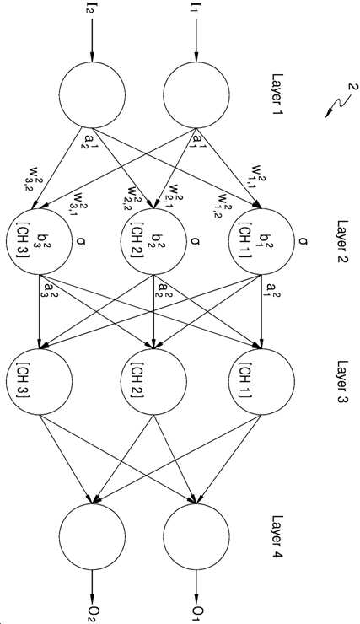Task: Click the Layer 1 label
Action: pos(277,94)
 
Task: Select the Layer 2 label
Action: pos(342,242)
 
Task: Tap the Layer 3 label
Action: pos(342,382)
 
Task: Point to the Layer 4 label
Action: pos(277,536)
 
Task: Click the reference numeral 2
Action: pos(353,87)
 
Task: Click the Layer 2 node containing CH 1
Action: pos(261,241)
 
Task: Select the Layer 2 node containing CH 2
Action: pos(153,241)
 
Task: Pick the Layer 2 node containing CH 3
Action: pos(39,241)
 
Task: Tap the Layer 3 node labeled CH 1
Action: pos(261,381)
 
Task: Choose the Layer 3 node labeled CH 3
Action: pos(39,381)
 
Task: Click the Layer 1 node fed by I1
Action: pos(196,94)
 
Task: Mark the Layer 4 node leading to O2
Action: pos(92,536)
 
